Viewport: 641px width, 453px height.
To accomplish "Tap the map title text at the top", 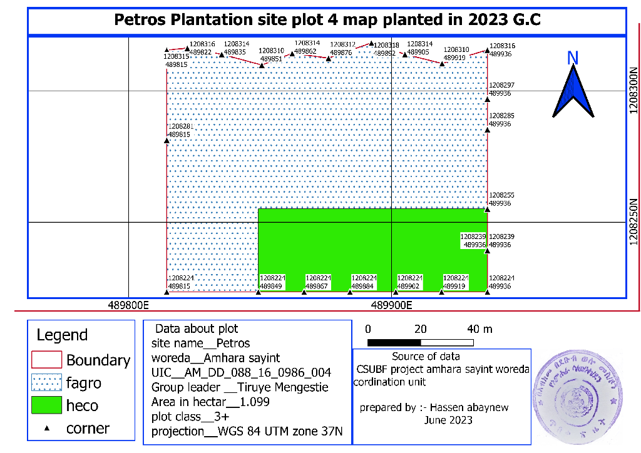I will pyautogui.click(x=327, y=19).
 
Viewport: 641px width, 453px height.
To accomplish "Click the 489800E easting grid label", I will pyautogui.click(x=128, y=306).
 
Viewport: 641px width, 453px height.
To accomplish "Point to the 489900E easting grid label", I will pyautogui.click(x=391, y=306).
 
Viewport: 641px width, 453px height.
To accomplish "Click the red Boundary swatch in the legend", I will pyautogui.click(x=46, y=360).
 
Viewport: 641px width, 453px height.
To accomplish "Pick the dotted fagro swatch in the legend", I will pyautogui.click(x=46, y=382).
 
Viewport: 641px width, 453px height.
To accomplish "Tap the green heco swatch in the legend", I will pyautogui.click(x=46, y=405).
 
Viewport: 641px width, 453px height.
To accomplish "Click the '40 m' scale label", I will pyautogui.click(x=480, y=329).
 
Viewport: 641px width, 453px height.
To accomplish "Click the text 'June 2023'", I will pyautogui.click(x=448, y=420).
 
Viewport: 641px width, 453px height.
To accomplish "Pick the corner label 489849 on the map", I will pyautogui.click(x=271, y=286).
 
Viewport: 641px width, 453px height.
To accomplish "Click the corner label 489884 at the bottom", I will pyautogui.click(x=363, y=286).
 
